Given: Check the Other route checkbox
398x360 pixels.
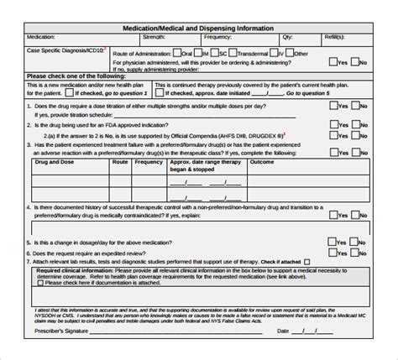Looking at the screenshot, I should (288, 53).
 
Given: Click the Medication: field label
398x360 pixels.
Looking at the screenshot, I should (42, 38).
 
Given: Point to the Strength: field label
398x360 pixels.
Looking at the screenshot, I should (154, 38).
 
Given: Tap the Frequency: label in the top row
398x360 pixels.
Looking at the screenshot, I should (217, 38).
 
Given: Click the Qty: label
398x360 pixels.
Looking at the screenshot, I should (288, 38).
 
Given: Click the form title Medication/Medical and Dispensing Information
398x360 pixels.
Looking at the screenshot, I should (199, 28).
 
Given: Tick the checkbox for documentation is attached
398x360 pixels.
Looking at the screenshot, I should (117, 283).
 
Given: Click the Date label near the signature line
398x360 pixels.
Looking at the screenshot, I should (283, 330).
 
